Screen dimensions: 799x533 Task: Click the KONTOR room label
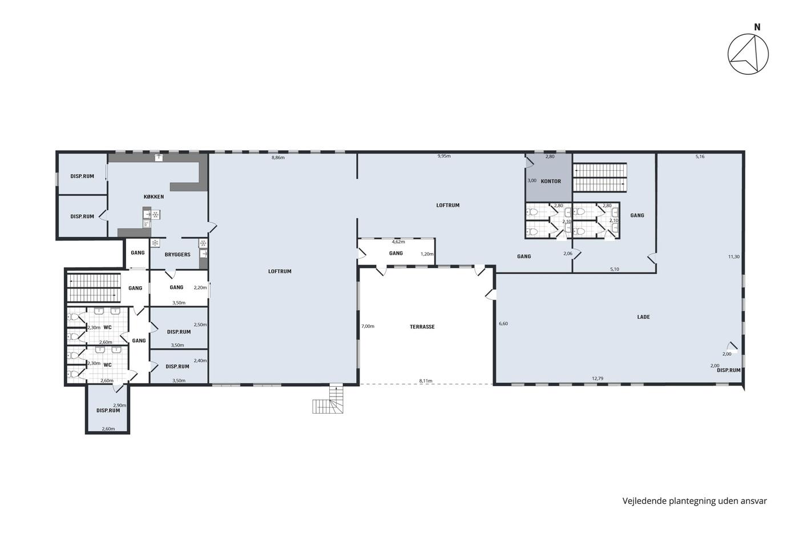pos(551,181)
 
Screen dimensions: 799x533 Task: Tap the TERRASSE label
pos(422,327)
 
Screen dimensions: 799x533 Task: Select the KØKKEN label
pos(154,197)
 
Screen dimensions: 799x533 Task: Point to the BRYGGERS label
pos(177,255)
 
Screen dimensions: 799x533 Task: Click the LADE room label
pos(644,317)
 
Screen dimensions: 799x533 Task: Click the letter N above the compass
pos(757,27)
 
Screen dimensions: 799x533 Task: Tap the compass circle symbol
pos(748,54)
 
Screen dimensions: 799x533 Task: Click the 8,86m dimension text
pos(278,158)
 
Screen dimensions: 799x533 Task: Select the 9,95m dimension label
pos(444,156)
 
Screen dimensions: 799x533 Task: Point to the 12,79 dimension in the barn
pos(598,378)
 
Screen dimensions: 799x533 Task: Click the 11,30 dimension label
pos(734,257)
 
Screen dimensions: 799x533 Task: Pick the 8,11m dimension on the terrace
pos(426,381)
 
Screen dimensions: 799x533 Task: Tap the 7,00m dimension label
pos(368,326)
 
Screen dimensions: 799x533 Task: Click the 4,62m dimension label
pos(398,242)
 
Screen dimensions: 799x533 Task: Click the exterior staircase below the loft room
pos(328,399)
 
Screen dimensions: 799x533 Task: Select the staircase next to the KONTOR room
pos(600,178)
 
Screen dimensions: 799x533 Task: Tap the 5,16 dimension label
pos(700,157)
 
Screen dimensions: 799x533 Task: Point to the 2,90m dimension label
pos(119,405)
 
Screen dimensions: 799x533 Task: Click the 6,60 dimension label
pos(503,323)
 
